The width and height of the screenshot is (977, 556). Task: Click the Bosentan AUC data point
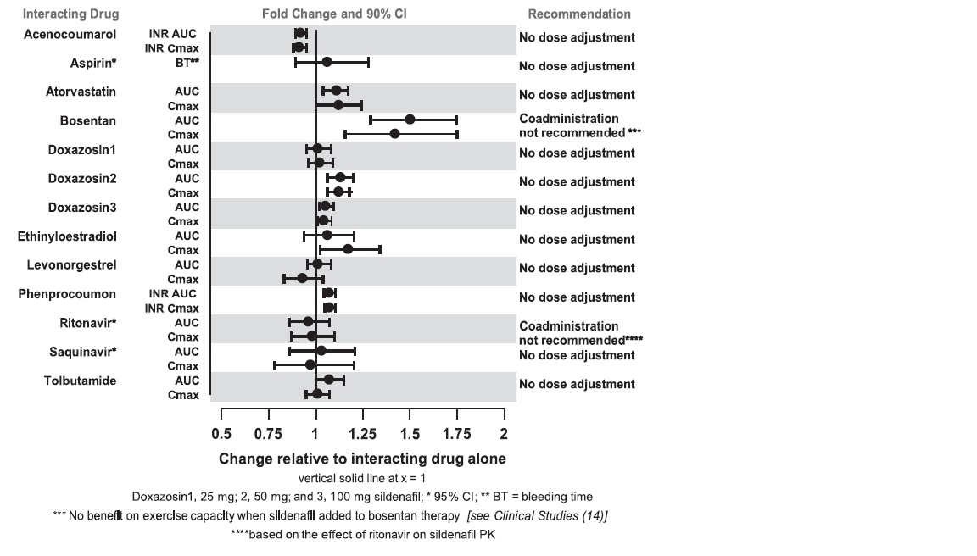click(410, 120)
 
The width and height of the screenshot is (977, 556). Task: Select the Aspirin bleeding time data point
click(327, 62)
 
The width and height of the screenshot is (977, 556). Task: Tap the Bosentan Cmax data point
click(394, 134)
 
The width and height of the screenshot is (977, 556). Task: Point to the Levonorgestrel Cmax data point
click(302, 278)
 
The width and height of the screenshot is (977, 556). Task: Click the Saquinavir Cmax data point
click(310, 365)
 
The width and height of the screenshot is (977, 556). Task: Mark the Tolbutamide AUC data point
click(329, 379)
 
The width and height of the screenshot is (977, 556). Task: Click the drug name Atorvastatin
click(81, 91)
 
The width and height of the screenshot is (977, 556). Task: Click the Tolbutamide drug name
click(80, 381)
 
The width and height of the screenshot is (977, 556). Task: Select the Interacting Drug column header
click(70, 14)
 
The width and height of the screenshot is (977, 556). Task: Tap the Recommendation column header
click(579, 14)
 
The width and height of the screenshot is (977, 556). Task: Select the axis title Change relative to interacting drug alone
click(362, 459)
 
